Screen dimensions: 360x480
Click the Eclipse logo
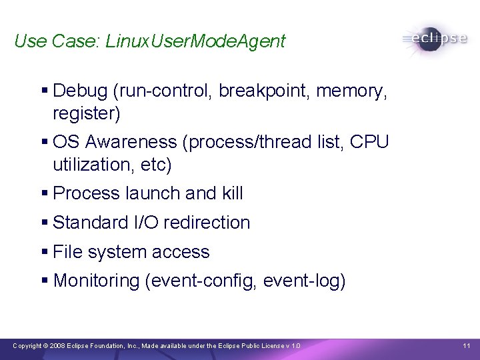pos(434,39)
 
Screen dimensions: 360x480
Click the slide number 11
pos(466,345)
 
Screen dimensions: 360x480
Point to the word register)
pos(87,114)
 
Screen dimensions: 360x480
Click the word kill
pos(229,193)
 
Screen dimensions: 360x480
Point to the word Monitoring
pos(96,281)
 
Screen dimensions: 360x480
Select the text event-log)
pos(305,281)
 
